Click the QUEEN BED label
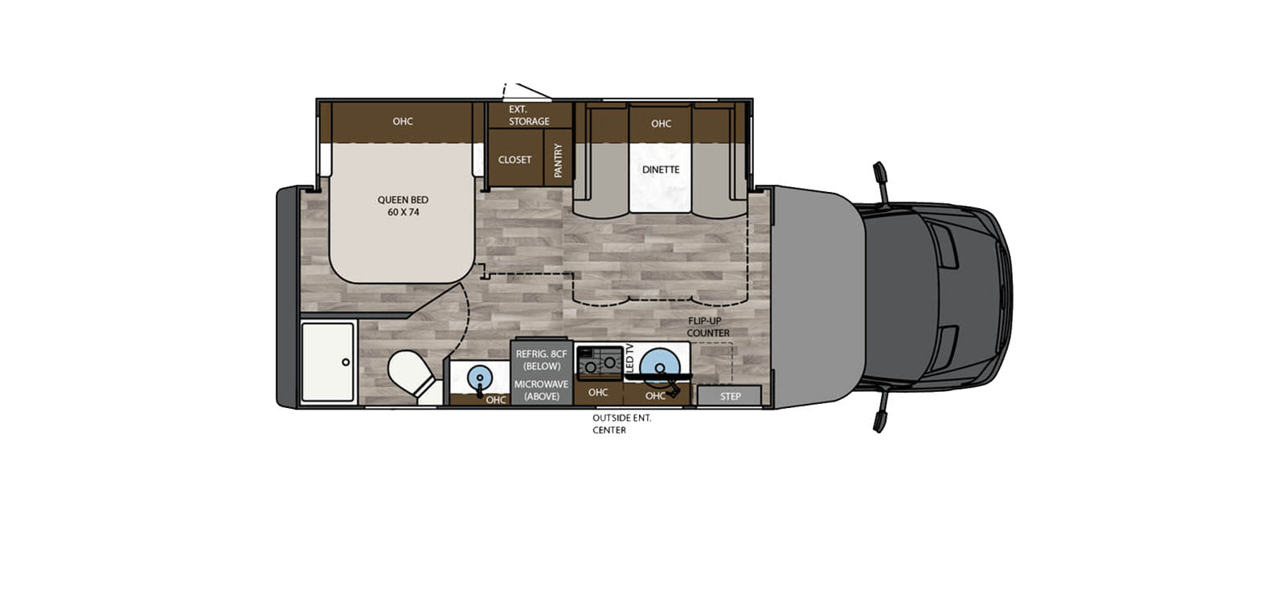[x=403, y=206]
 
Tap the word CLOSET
[x=514, y=160]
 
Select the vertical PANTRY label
[x=559, y=161]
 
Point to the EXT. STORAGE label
[x=528, y=115]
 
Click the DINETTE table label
[x=661, y=169]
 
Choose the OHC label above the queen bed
[x=403, y=121]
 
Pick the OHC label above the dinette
[x=661, y=124]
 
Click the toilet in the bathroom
[x=410, y=374]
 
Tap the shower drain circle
[x=346, y=362]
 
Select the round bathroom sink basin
[x=480, y=376]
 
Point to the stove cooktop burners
[x=600, y=360]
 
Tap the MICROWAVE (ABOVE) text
[x=541, y=390]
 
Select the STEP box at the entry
[x=730, y=396]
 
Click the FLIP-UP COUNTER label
[x=708, y=327]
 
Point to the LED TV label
[x=629, y=358]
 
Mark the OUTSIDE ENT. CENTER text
[x=621, y=423]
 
